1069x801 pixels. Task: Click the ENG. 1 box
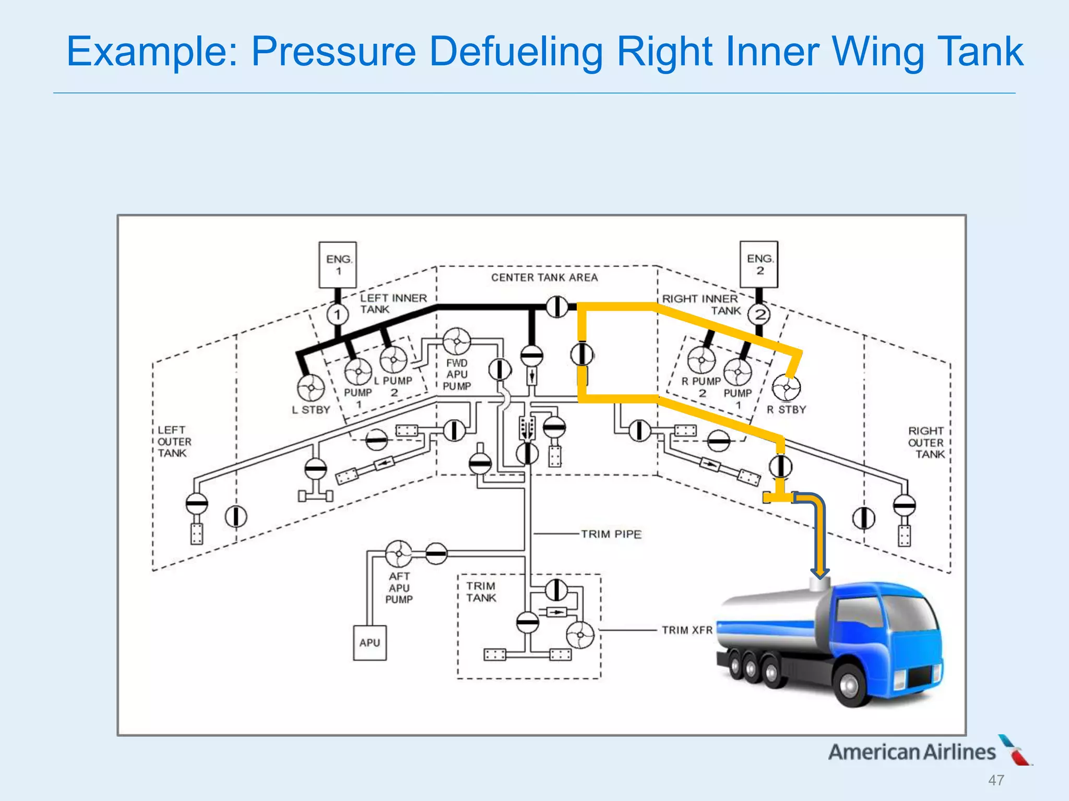338,264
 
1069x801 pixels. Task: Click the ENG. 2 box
759,264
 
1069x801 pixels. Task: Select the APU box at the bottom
370,642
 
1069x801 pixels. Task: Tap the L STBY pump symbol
311,388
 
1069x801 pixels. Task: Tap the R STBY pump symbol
786,388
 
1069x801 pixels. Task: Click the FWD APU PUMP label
457,374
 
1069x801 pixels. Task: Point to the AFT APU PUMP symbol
399,553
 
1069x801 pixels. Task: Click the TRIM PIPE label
611,534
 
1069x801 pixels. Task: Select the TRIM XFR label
687,630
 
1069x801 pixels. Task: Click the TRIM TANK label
481,592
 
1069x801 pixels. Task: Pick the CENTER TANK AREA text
544,277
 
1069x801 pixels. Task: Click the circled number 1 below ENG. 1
338,314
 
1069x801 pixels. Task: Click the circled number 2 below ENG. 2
759,314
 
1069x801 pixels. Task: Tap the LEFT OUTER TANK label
174,441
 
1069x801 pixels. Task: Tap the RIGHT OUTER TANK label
926,442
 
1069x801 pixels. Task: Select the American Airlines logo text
912,751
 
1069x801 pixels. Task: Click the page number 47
996,780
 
